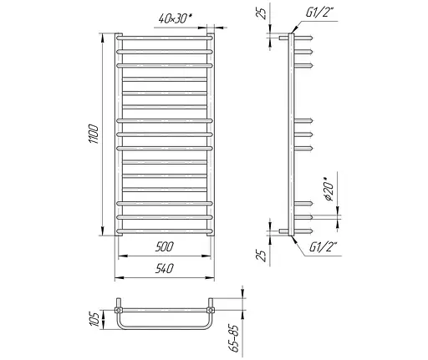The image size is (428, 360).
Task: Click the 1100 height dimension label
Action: pos(94,134)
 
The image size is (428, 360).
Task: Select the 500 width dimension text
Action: pos(165,246)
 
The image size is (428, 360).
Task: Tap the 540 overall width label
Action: pos(165,268)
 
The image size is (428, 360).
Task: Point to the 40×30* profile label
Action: pos(176,18)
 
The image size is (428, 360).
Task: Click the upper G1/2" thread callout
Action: pos(319,13)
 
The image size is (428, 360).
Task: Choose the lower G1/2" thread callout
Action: pos(324,247)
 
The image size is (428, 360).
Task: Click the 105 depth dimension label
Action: pos(94,319)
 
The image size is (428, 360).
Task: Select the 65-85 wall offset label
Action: pos(236,338)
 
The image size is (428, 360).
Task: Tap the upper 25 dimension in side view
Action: pos(262,13)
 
